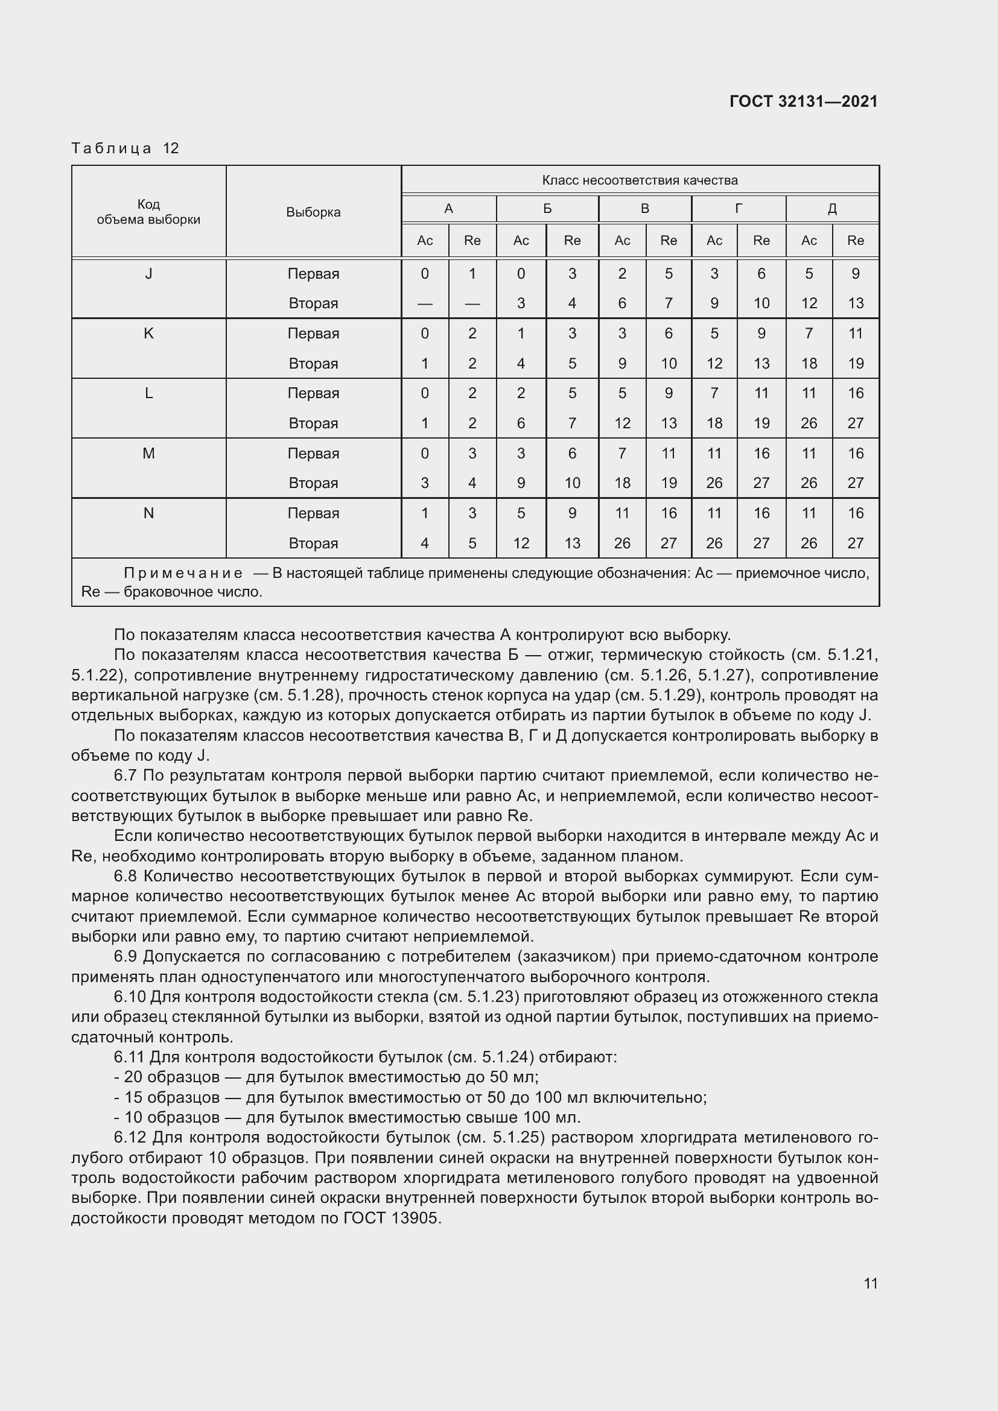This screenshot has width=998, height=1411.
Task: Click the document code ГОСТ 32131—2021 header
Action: coord(803,101)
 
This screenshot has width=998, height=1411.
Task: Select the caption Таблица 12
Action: coord(125,148)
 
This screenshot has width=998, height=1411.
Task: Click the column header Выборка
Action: coord(313,212)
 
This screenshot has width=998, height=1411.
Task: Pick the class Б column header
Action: coord(547,209)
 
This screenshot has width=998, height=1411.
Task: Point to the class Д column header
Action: coord(831,209)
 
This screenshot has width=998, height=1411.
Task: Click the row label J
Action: coord(148,274)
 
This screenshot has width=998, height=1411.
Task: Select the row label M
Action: coord(148,454)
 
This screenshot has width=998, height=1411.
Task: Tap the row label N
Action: coord(148,513)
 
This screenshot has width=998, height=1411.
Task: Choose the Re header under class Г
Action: coord(761,241)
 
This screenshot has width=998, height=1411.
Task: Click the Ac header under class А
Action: coord(425,241)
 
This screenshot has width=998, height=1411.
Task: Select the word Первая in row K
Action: coord(313,334)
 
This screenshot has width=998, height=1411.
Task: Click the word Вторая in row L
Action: coord(313,423)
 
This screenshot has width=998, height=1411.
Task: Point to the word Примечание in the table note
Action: coord(183,573)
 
